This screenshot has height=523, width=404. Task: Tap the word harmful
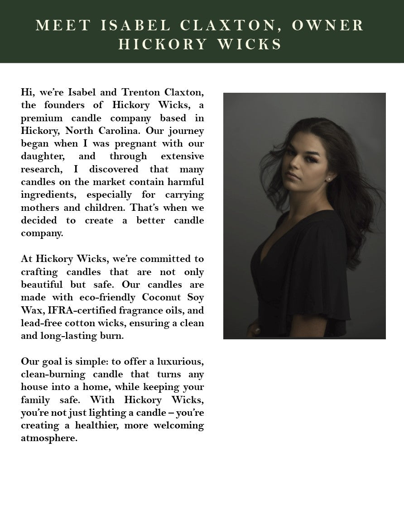184,182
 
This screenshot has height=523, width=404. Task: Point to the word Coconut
162,297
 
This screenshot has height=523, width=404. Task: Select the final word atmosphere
49,438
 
